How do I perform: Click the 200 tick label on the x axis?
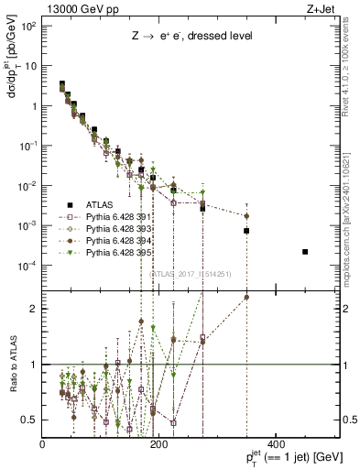click(158, 446)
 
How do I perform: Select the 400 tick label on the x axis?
click(275, 446)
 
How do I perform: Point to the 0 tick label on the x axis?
click(43, 446)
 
